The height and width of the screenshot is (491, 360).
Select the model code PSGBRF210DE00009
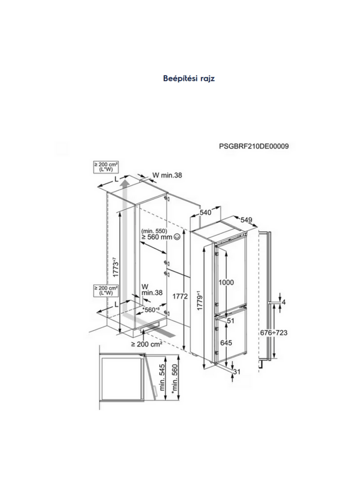click(254, 146)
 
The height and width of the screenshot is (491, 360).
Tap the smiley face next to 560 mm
click(177, 237)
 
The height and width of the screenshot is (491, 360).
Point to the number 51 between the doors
click(231, 321)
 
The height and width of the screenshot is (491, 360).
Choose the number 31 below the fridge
click(236, 372)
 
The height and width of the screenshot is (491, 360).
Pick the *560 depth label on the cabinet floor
click(152, 309)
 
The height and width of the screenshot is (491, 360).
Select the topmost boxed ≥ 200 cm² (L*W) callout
click(106, 167)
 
